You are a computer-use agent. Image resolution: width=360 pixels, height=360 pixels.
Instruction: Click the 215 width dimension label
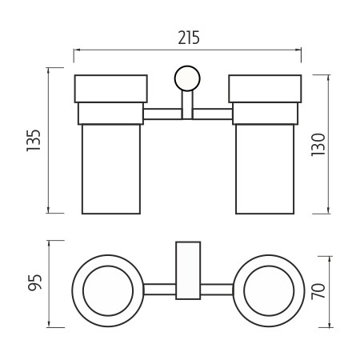click(189, 38)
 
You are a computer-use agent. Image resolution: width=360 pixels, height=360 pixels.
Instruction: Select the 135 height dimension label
click(34, 141)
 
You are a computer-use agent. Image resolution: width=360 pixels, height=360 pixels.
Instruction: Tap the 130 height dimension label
click(318, 145)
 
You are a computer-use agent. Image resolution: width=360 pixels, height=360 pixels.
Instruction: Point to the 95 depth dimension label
click(35, 282)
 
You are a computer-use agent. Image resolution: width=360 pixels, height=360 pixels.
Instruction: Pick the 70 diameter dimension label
click(318, 291)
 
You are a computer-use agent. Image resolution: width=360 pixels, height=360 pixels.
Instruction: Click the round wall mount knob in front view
click(187, 78)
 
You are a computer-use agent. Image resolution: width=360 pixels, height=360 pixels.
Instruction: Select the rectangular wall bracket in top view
click(188, 270)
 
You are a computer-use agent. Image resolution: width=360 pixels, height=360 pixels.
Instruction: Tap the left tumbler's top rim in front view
click(111, 89)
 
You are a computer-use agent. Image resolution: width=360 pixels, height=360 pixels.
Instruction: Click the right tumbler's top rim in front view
click(265, 89)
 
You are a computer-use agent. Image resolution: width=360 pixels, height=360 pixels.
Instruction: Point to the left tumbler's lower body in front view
click(111, 169)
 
